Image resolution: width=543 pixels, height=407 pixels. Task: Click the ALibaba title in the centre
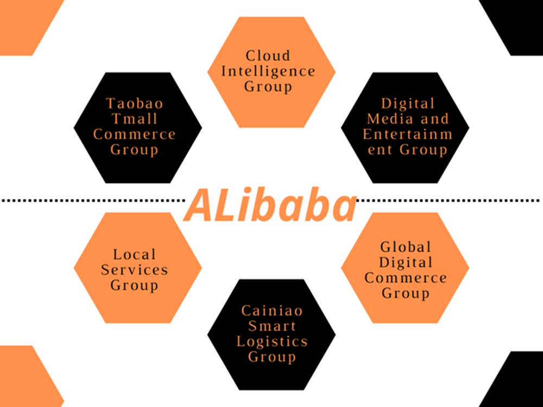tap(270, 205)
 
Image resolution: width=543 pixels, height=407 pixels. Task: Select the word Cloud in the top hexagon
tap(268, 56)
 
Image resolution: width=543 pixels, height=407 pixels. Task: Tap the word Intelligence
tap(268, 72)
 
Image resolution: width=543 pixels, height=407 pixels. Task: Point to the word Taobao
tap(134, 104)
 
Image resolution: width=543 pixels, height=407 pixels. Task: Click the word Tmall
tap(134, 119)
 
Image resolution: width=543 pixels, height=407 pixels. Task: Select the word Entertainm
tap(408, 134)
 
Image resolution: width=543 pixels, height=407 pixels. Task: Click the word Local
tap(134, 255)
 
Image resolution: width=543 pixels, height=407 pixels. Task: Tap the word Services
tap(134, 270)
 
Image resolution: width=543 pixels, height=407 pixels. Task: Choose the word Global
tap(406, 247)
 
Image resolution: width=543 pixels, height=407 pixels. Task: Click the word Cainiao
tap(272, 310)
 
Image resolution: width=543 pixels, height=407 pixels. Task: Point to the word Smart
tap(272, 326)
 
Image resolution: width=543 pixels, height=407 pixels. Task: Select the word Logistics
tap(272, 341)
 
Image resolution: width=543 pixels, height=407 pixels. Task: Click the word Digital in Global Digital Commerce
tap(406, 263)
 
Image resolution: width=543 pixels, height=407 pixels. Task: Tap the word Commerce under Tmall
tap(134, 134)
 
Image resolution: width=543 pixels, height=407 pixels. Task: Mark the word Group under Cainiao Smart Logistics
tap(272, 357)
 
